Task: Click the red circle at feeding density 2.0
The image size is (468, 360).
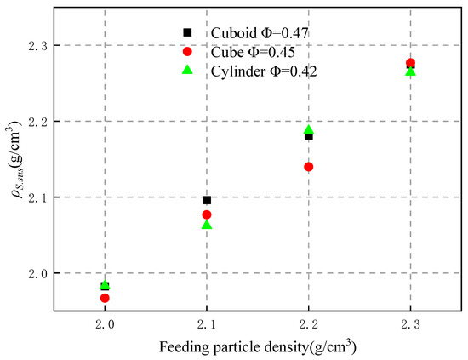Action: click(x=105, y=298)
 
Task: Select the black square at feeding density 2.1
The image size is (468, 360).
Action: click(x=207, y=200)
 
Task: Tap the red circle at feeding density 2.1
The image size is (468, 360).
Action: click(x=207, y=214)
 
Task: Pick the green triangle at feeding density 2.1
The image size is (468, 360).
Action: click(x=207, y=225)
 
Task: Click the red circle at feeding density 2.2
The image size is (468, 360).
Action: click(x=309, y=167)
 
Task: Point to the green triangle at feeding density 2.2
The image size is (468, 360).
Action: click(x=309, y=130)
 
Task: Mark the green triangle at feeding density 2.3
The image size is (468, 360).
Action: click(x=410, y=71)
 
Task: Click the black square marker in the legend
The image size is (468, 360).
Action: click(x=188, y=32)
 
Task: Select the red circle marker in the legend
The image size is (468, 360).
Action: click(x=188, y=52)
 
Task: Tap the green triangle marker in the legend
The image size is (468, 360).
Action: click(x=188, y=71)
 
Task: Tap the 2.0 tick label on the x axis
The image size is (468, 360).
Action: click(x=105, y=325)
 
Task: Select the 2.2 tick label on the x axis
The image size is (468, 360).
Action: click(x=309, y=325)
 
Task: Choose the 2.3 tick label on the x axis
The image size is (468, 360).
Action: click(x=410, y=325)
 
